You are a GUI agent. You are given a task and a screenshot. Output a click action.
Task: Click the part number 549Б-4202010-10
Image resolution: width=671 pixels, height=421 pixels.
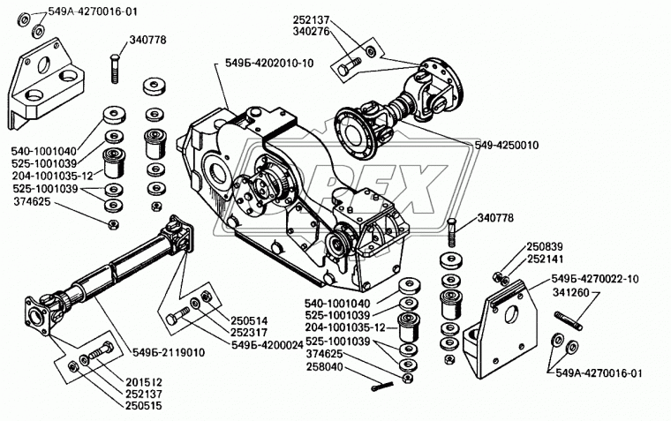(x=269, y=64)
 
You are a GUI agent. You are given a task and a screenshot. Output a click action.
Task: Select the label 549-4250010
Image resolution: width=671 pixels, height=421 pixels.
(x=506, y=146)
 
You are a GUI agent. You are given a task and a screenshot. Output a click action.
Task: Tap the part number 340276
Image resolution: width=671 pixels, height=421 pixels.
(x=311, y=31)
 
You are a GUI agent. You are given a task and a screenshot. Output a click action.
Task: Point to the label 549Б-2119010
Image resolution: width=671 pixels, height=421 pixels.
(x=168, y=352)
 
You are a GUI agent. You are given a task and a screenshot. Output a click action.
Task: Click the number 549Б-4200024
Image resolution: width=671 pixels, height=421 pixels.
(x=268, y=345)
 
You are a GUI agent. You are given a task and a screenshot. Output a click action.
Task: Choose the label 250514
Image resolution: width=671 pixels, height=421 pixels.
(x=249, y=320)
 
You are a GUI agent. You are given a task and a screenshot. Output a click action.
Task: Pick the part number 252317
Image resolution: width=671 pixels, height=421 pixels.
(x=249, y=333)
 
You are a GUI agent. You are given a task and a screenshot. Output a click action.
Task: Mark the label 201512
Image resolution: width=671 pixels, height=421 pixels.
(x=144, y=382)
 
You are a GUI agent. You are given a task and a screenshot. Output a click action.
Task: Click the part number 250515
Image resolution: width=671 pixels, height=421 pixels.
(x=144, y=406)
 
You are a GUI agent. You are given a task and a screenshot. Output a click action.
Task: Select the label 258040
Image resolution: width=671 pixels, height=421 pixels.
(x=324, y=367)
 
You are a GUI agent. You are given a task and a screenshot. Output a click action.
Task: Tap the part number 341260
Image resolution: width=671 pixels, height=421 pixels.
(x=571, y=293)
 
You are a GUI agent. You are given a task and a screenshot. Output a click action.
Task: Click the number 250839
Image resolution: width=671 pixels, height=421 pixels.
(x=545, y=247)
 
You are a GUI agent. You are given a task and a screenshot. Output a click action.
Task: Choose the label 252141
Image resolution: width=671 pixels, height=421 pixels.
(x=545, y=259)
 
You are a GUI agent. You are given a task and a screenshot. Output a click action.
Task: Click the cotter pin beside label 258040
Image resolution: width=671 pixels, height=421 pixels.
(x=381, y=387)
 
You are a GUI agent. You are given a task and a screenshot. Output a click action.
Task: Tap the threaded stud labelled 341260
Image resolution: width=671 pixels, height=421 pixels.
(x=569, y=321)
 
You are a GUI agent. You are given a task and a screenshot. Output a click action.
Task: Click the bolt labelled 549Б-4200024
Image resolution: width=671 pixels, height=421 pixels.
(x=178, y=315)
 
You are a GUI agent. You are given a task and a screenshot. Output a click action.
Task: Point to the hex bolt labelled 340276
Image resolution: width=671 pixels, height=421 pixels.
(x=350, y=66)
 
